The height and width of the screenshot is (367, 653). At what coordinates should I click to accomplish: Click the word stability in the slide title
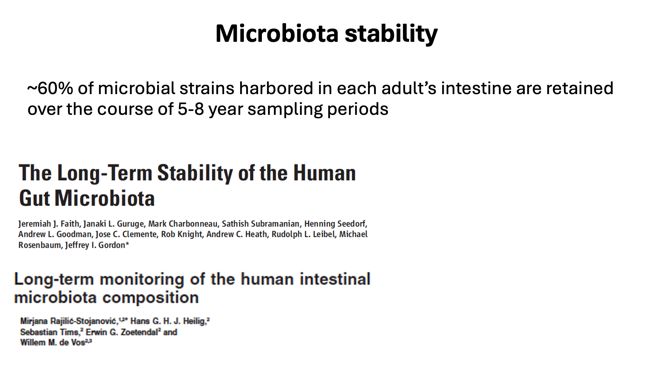tap(391, 34)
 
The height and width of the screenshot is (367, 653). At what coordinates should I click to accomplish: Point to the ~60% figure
tap(50, 88)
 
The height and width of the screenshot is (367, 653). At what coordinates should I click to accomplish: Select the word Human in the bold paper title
tap(324, 173)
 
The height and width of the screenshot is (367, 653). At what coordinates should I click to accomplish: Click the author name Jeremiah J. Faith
tap(49, 224)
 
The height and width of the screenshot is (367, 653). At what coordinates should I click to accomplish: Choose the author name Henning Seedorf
tap(335, 224)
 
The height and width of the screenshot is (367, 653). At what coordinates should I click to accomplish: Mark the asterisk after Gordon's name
tap(127, 243)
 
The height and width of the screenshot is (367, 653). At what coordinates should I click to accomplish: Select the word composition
tap(151, 298)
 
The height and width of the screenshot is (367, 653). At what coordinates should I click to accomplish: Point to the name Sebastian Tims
tap(50, 332)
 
